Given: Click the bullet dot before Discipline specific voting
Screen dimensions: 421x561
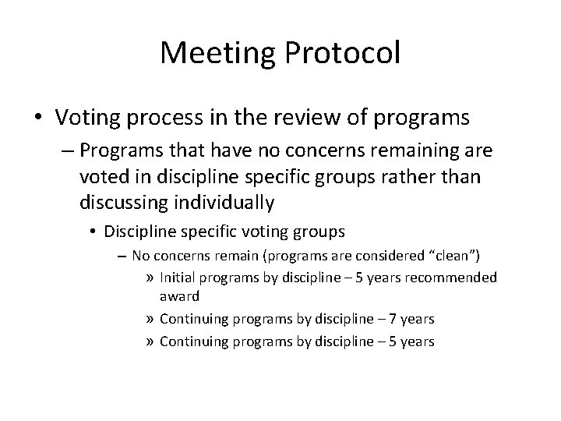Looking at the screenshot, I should pyautogui.click(x=93, y=232).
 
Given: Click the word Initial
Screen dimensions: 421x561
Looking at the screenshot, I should pyautogui.click(x=177, y=277).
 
